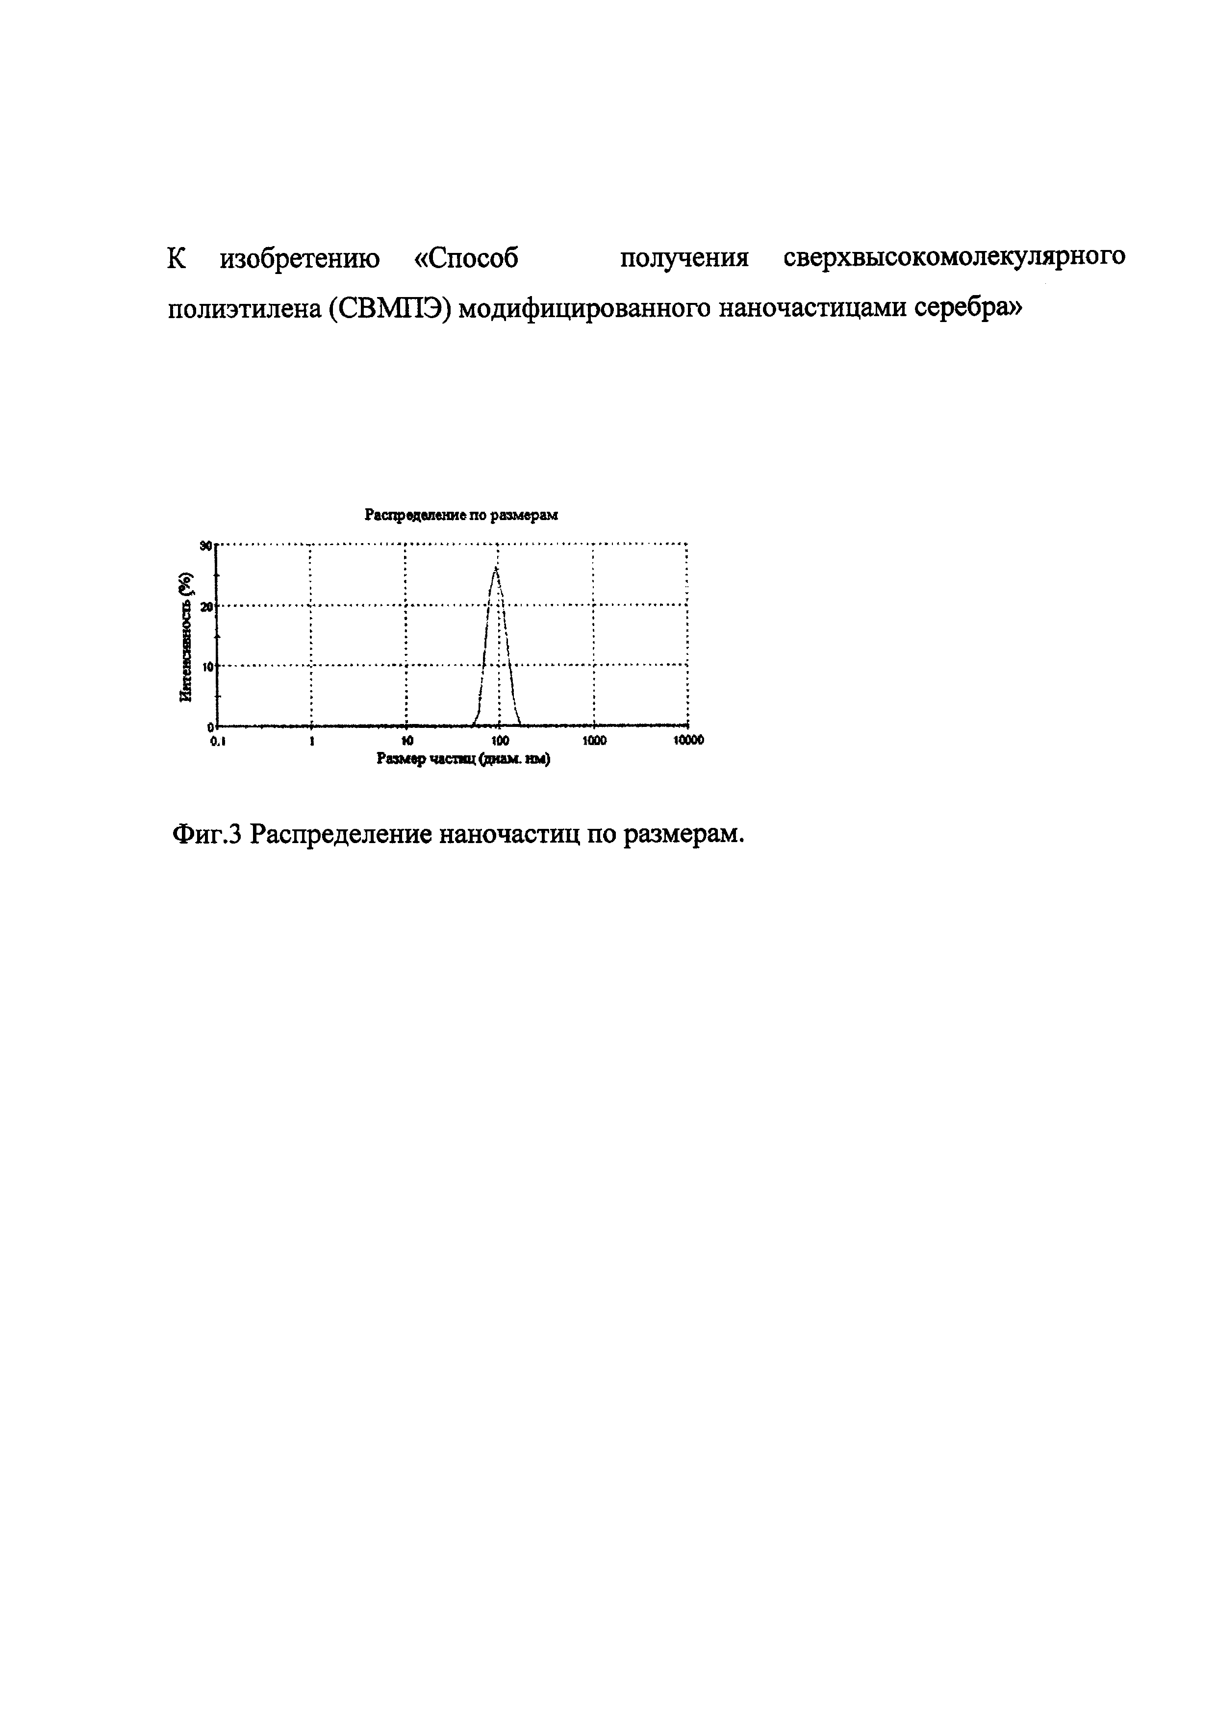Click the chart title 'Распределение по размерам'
(x=461, y=515)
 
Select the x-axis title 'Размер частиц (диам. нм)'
(x=463, y=759)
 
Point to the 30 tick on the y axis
(x=206, y=546)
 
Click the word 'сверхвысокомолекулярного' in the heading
(x=954, y=257)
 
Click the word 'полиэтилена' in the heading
(x=243, y=308)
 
